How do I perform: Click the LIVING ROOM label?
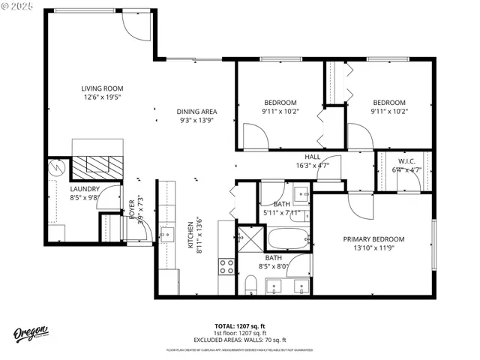[x=102, y=88]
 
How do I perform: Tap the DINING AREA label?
[x=196, y=111]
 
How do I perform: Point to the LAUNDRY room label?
[x=85, y=189]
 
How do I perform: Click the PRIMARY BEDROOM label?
[x=373, y=239]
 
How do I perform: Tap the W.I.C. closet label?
[x=406, y=161]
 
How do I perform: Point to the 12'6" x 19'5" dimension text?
[x=102, y=97]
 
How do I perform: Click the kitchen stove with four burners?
[x=226, y=265]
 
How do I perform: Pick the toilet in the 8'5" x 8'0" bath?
[x=251, y=285]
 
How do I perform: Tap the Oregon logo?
[x=31, y=333]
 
